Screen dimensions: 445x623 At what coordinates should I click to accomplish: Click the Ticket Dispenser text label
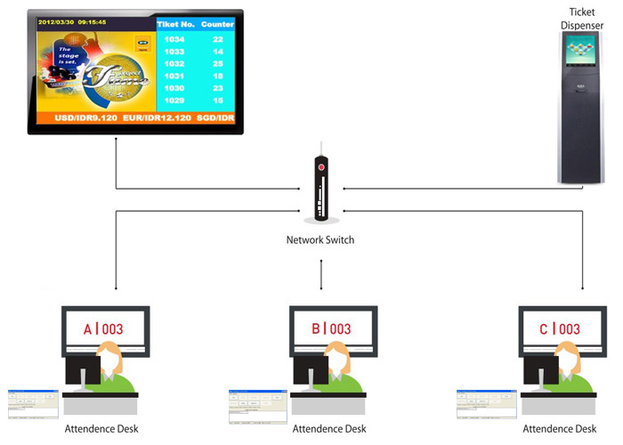click(x=582, y=19)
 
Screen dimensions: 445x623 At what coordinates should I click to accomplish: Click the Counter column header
click(x=219, y=25)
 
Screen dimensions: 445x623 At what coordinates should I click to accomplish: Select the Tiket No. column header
click(x=175, y=25)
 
